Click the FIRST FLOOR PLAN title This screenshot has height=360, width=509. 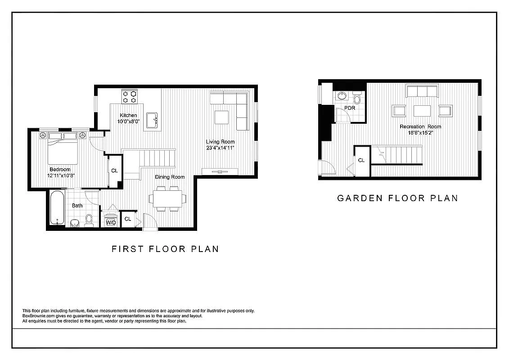coord(165,249)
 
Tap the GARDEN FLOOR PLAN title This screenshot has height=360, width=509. coord(397,198)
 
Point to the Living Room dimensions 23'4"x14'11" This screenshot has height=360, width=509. coord(221,148)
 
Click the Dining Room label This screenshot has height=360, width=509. coord(170,177)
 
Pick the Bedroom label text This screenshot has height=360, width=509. coord(60,169)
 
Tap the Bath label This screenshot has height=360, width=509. coord(77,206)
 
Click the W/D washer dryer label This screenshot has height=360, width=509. coord(111,222)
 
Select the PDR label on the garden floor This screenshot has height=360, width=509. coord(350,108)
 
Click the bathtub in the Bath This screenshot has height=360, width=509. coord(57,209)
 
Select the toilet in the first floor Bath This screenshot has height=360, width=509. coord(89,220)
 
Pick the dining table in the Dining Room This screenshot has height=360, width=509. coord(167,198)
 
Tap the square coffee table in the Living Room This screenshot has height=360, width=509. coord(222,117)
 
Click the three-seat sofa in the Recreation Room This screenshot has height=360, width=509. coord(422,91)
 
